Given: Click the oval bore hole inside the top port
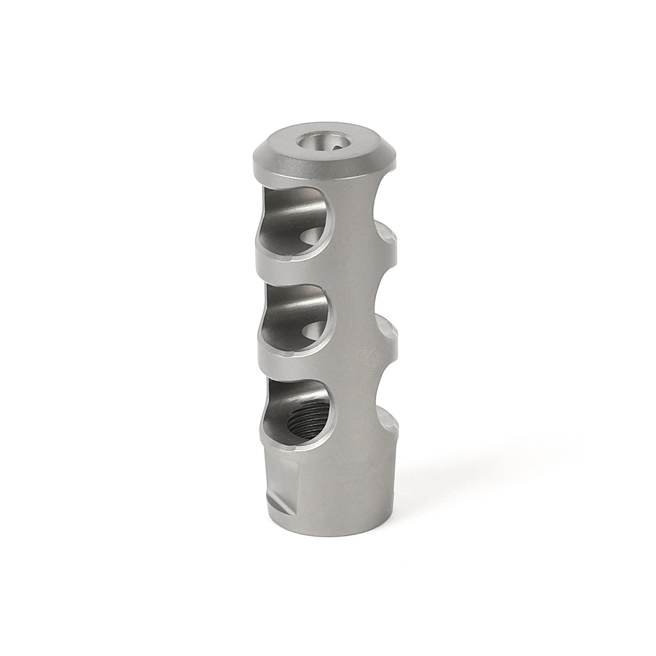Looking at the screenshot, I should (312, 237).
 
